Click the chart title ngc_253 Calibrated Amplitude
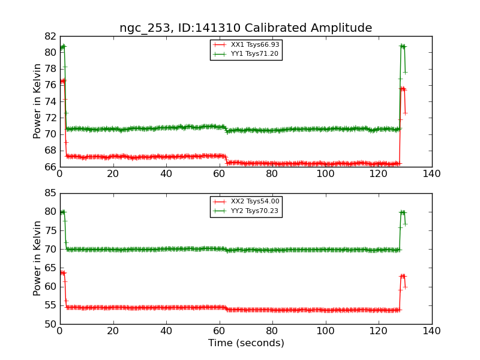[245, 28]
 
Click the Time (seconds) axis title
[246, 343]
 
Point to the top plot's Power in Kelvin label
[38, 101]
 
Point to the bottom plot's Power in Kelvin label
[38, 258]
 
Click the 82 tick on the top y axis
[49, 36]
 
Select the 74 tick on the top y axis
[49, 101]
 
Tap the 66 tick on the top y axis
[49, 167]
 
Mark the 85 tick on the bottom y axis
[49, 193]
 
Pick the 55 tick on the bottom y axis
[49, 305]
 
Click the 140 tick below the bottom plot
[431, 331]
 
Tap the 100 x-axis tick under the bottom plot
[325, 331]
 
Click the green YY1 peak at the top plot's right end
[403, 46]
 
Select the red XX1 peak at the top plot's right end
[403, 89]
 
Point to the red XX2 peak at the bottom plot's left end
[62, 272]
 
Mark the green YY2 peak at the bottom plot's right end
[403, 212]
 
